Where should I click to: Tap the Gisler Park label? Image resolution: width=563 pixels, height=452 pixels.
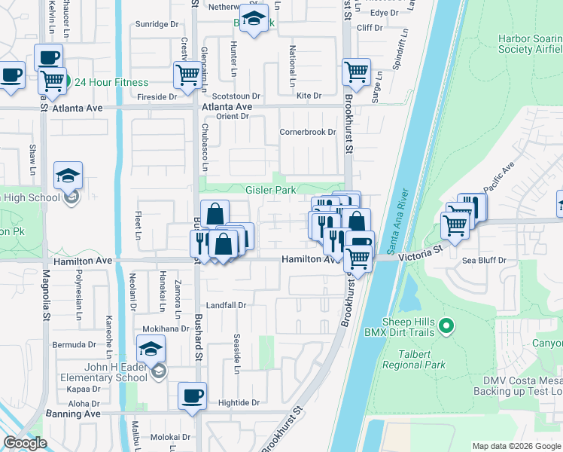[270, 190]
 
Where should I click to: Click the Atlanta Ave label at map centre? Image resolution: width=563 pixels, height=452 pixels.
[226, 107]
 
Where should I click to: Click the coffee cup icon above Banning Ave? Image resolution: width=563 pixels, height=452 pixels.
[192, 395]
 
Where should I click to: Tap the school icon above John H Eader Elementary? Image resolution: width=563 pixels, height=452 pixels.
[151, 349]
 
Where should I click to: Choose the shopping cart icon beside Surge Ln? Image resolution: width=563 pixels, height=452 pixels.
[356, 72]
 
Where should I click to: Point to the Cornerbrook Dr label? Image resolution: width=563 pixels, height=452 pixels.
[307, 132]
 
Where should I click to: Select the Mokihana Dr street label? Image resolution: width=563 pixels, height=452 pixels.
[166, 329]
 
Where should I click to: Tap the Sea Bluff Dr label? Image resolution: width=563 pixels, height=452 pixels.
[485, 260]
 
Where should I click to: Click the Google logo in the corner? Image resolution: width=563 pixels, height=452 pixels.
[25, 443]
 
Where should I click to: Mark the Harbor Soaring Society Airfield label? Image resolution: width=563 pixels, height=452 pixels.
[530, 44]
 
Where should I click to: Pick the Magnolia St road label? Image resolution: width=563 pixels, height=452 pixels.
[45, 304]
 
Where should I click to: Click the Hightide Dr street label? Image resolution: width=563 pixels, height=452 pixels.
[239, 403]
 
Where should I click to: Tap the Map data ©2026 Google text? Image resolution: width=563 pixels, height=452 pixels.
[516, 445]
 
